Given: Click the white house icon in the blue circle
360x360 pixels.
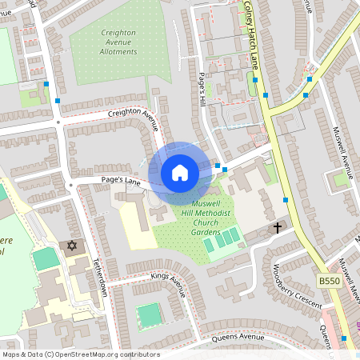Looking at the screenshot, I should click(x=180, y=173).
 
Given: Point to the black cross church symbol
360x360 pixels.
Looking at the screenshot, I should click(x=278, y=228).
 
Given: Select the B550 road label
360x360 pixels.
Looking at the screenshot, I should click(x=330, y=281).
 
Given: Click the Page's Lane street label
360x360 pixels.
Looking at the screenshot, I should click(x=122, y=182).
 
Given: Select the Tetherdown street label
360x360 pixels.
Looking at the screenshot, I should click(x=102, y=278).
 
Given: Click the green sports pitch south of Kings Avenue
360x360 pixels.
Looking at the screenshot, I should click(x=149, y=315).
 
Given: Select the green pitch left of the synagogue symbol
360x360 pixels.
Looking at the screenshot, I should click(x=46, y=258).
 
